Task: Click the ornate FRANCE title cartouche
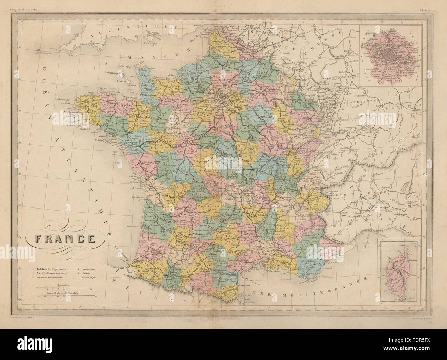(x=61, y=238)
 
